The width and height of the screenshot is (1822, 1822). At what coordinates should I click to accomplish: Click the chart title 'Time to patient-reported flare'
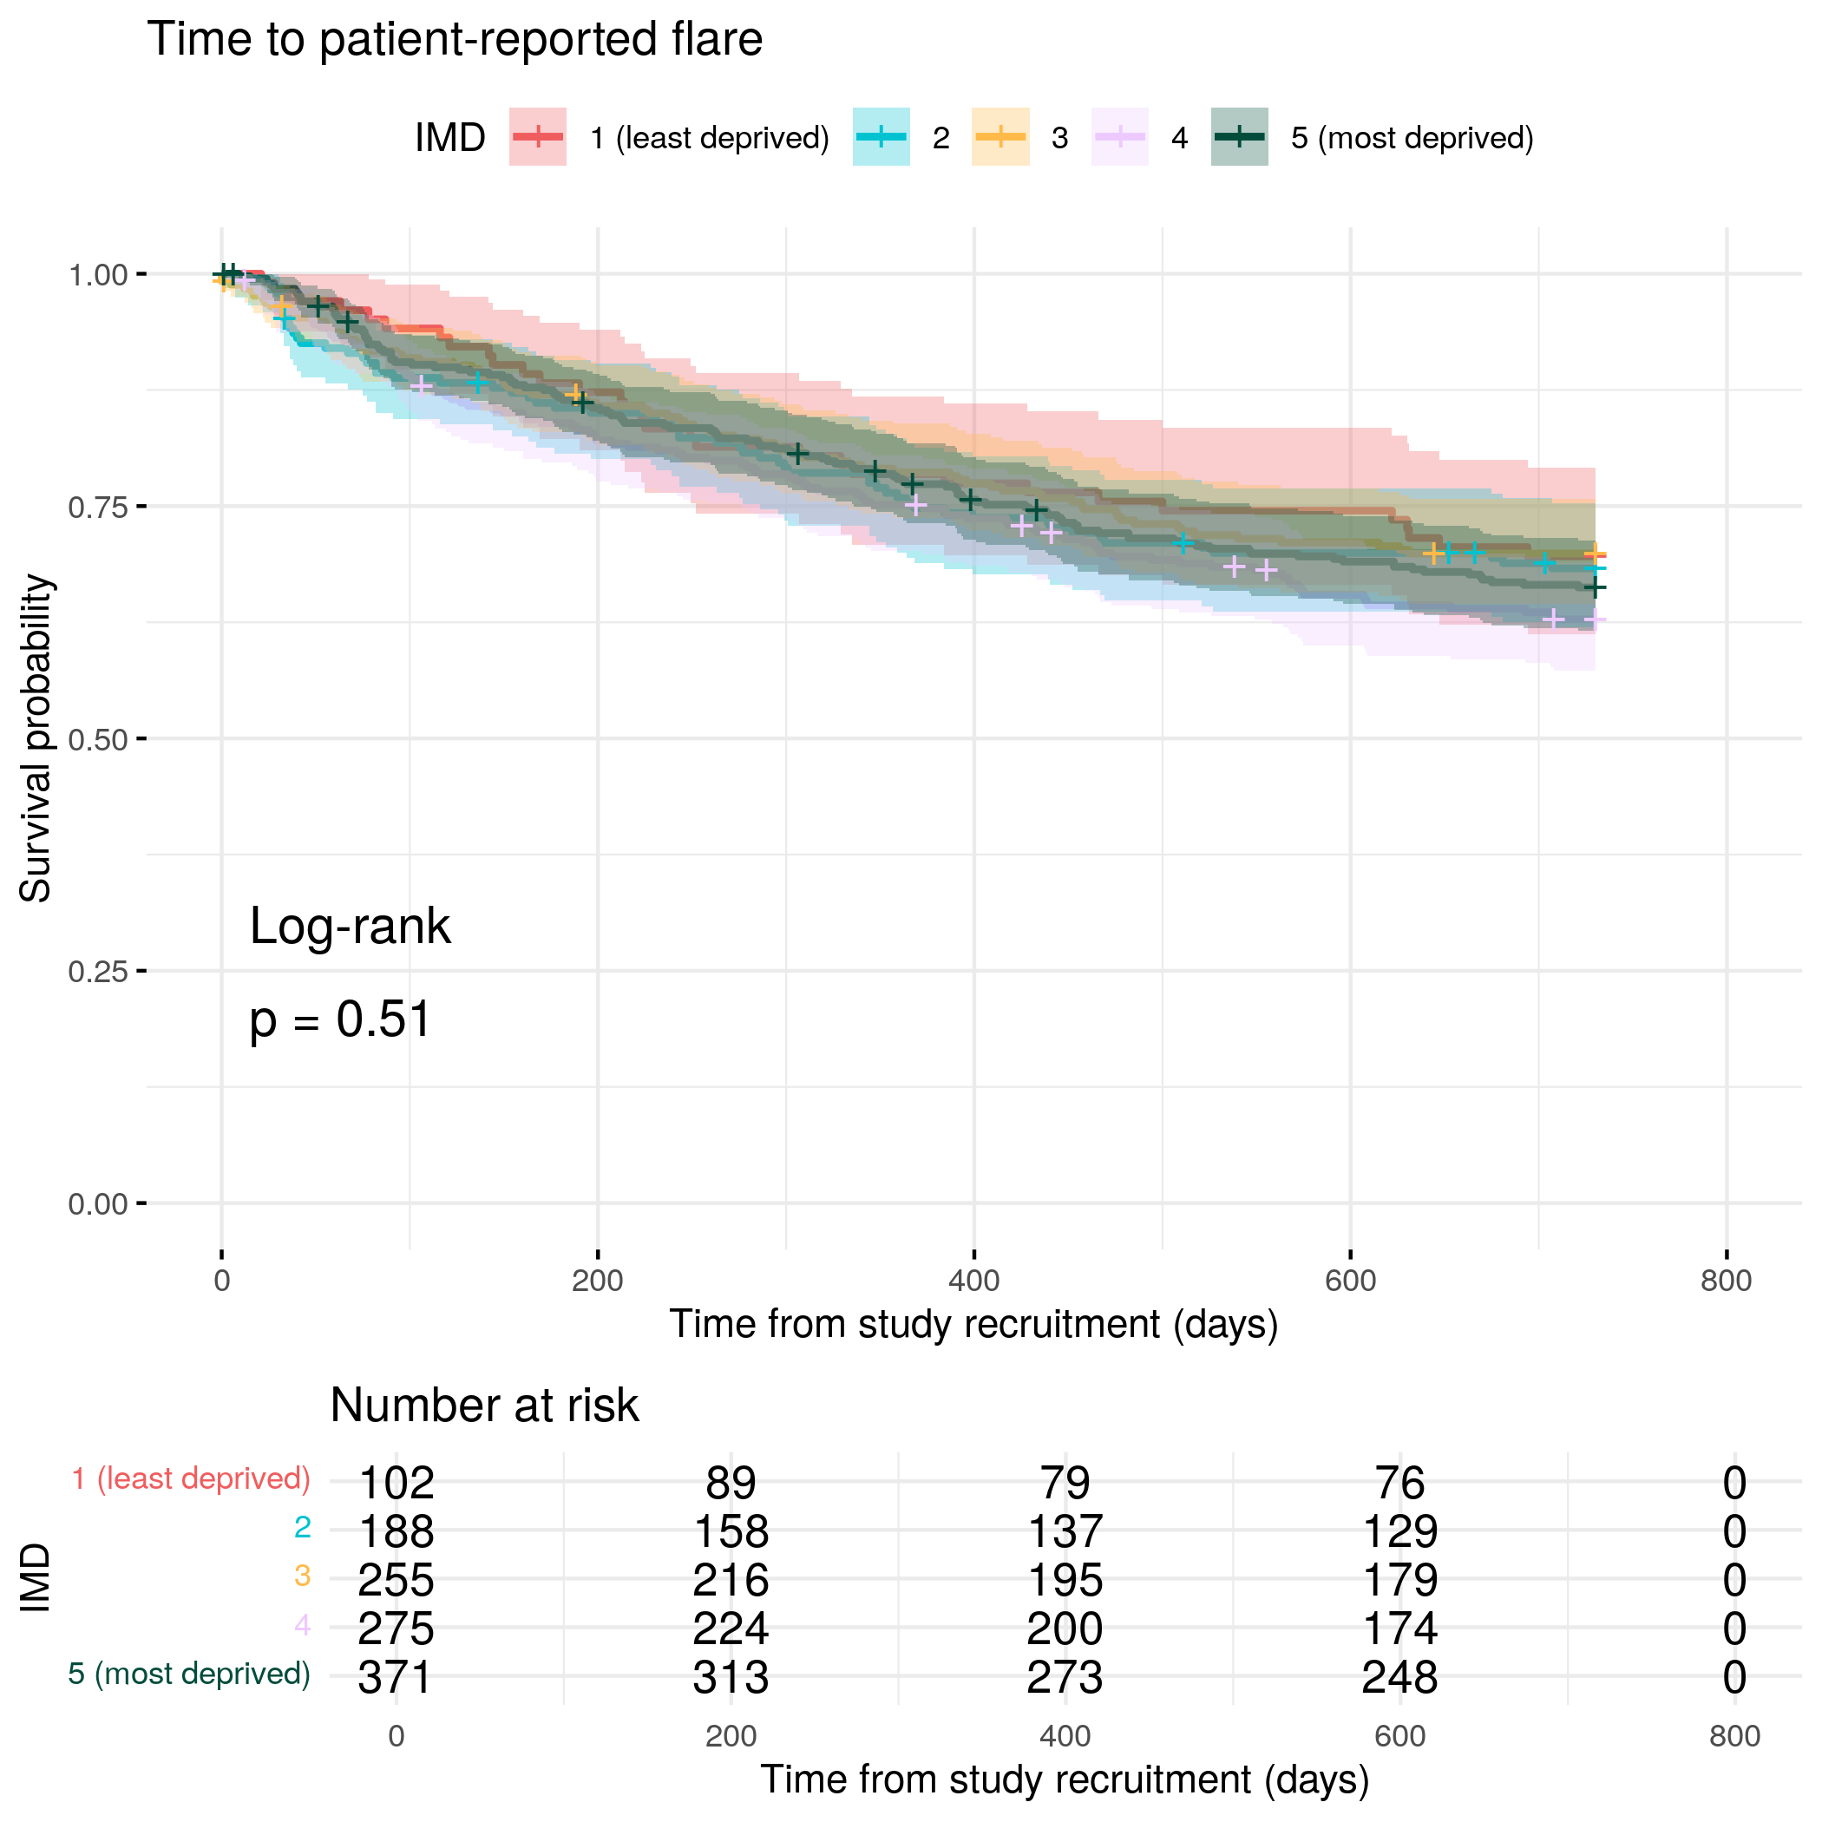(455, 40)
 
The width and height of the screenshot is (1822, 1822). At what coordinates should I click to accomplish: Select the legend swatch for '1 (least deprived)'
(538, 138)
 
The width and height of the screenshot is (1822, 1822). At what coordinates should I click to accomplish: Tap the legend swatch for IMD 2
(881, 138)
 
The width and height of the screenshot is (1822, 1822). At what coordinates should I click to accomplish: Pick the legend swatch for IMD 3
(999, 138)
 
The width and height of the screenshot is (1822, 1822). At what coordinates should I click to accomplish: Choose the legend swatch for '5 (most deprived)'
(1239, 138)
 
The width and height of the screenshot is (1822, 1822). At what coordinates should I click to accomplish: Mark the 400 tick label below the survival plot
(973, 1281)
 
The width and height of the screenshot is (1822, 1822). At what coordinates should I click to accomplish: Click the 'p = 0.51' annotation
(340, 1020)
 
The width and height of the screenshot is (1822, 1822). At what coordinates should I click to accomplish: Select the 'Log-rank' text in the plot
(350, 927)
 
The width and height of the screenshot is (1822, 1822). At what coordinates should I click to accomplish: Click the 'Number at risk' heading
(484, 1406)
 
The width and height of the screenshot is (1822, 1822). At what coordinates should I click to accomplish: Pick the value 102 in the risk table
(397, 1484)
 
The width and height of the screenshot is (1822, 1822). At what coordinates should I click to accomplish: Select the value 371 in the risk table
(397, 1678)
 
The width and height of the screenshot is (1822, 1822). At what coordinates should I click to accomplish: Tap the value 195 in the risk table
(1065, 1581)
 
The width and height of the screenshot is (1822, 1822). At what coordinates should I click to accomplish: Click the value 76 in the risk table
(1399, 1484)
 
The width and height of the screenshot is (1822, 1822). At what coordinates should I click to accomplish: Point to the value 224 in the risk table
(731, 1629)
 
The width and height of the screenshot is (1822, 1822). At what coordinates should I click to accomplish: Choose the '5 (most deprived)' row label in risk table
(189, 1674)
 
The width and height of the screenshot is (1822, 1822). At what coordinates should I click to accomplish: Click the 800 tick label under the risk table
(1734, 1736)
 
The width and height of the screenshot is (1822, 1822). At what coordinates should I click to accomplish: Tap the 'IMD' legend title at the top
(449, 138)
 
